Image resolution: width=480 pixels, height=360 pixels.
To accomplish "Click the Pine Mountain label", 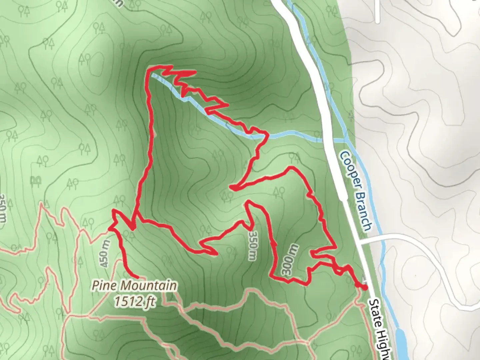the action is point(134,286).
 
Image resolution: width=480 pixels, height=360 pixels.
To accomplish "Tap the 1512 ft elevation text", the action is point(134,301).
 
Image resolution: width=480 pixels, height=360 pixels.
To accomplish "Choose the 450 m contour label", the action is point(104,254).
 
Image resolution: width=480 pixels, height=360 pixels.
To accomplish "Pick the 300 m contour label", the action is point(290,260).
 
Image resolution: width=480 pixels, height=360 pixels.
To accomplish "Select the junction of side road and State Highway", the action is point(361,241).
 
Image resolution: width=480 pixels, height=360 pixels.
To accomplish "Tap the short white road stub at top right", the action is point(377,12).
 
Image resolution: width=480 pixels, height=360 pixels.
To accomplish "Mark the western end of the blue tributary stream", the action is point(153,76).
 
